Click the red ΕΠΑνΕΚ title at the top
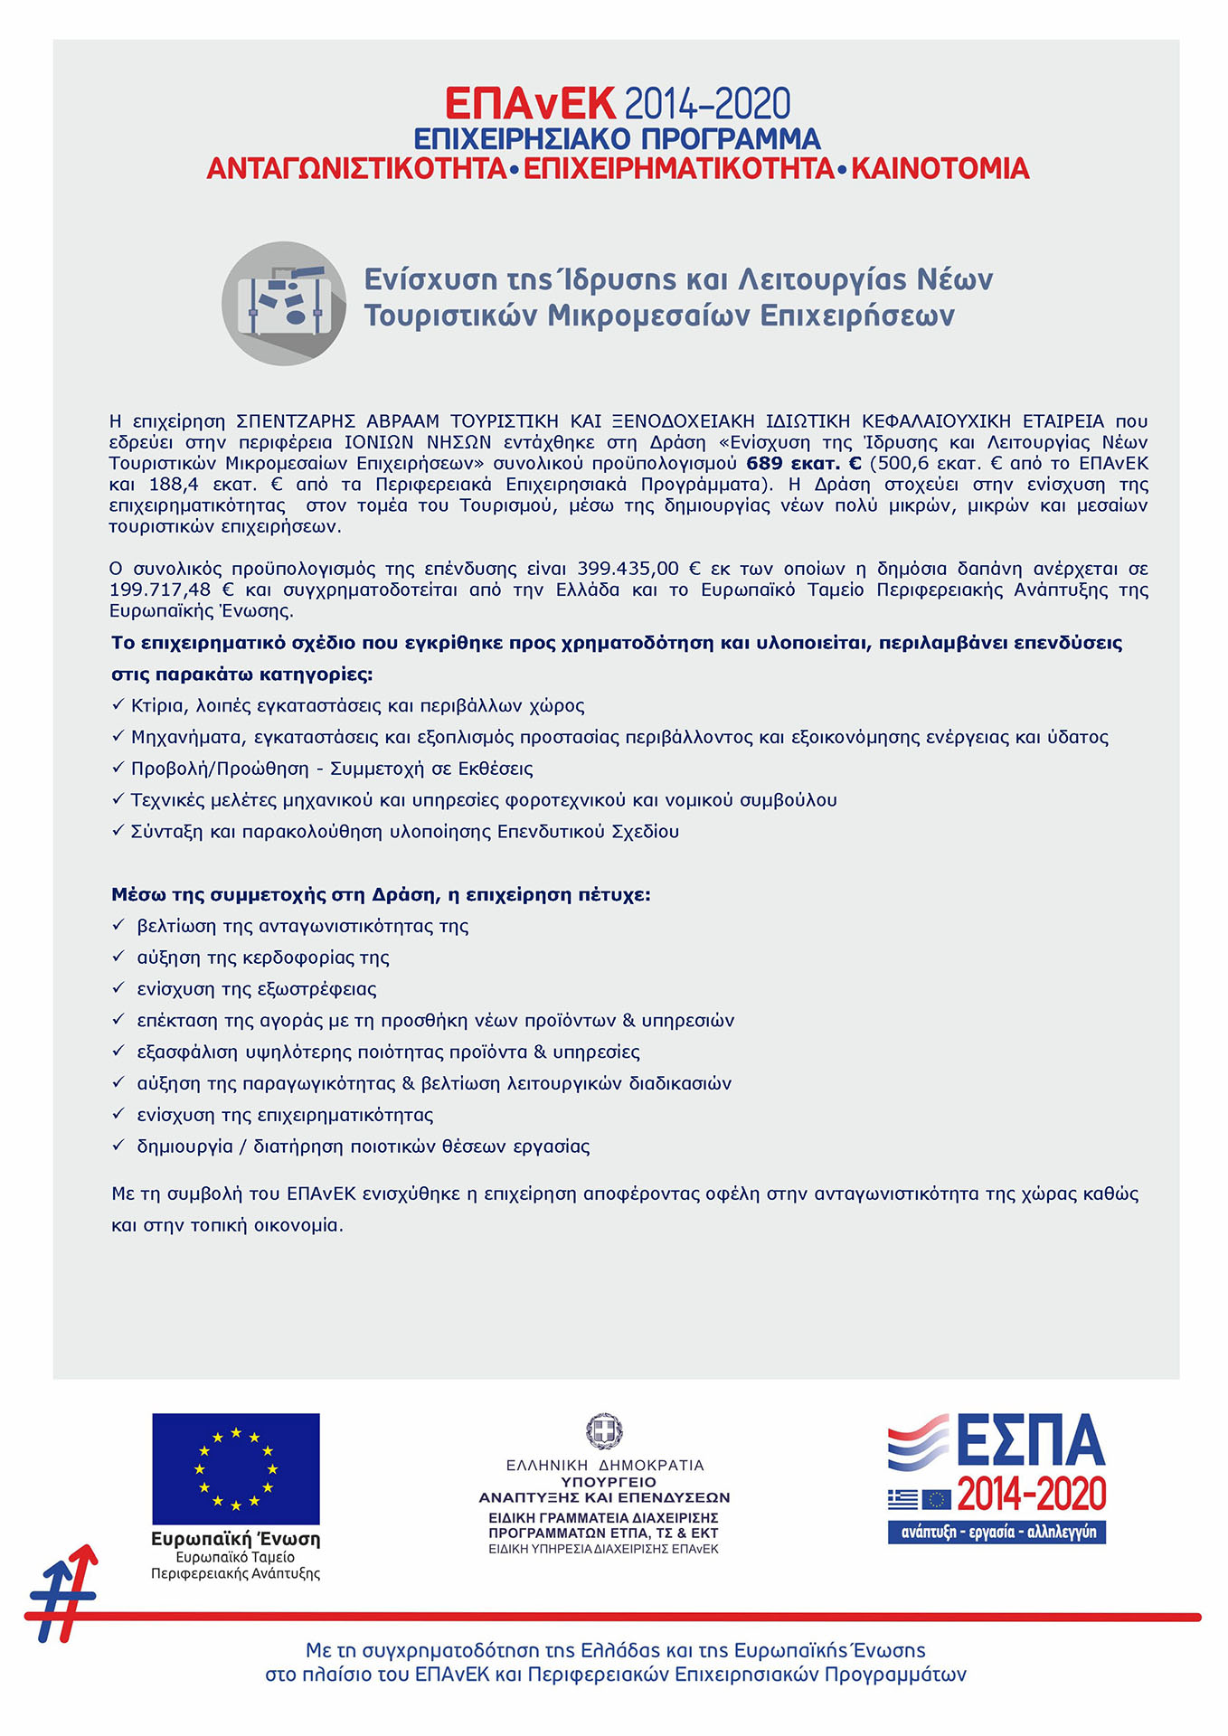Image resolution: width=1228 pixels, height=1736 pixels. tap(530, 104)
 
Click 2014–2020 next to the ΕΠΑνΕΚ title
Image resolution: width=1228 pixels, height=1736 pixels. tap(707, 105)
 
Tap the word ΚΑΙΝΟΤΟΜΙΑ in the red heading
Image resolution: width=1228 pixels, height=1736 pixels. tap(940, 169)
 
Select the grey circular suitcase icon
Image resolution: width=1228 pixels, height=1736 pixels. tap(284, 304)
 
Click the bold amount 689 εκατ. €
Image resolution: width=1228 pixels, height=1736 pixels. tap(803, 464)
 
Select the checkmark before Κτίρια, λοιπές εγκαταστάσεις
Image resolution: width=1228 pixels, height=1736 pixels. tap(118, 704)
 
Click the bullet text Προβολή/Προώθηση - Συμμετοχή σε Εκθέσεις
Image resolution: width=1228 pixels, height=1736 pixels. tap(332, 769)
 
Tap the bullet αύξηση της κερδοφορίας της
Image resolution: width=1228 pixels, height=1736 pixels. tap(262, 958)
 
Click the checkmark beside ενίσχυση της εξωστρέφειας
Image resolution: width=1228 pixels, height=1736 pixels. tap(118, 988)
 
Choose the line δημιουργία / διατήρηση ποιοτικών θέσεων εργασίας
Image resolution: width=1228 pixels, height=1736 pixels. tap(363, 1146)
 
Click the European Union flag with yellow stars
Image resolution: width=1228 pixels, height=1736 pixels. tap(235, 1468)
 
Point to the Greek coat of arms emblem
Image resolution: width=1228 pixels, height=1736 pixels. tap(604, 1431)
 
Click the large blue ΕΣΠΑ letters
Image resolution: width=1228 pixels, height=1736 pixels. tap(1030, 1441)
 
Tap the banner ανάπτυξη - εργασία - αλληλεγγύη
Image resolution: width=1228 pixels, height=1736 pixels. tap(997, 1532)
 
